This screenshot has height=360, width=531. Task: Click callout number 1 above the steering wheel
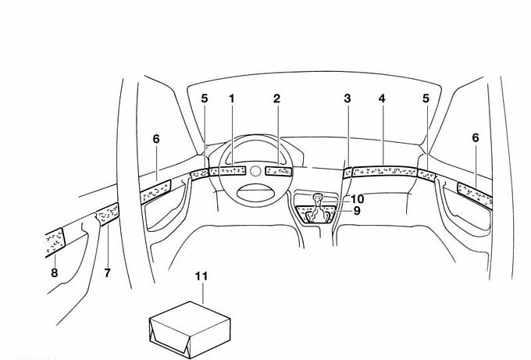(x=232, y=98)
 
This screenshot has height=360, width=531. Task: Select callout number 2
(x=277, y=98)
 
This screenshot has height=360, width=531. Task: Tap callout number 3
(x=347, y=98)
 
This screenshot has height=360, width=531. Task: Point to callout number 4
(x=382, y=98)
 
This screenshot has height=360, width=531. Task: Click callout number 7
(x=107, y=273)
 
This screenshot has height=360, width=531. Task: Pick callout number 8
(x=55, y=273)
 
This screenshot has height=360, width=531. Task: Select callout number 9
(x=357, y=211)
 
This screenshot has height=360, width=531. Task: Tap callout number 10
(x=358, y=199)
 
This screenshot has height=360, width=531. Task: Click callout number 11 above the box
(x=201, y=276)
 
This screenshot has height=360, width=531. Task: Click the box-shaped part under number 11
(x=190, y=330)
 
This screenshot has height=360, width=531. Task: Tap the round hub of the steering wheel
(x=255, y=171)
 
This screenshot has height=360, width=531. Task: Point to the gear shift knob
(x=318, y=197)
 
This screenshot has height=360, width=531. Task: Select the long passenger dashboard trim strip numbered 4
(x=384, y=172)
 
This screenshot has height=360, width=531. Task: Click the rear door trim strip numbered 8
(x=54, y=242)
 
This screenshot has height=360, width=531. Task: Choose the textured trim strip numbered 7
(x=108, y=213)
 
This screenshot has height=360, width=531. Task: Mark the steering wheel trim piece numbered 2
(x=278, y=171)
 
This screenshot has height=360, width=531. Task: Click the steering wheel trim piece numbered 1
(x=233, y=171)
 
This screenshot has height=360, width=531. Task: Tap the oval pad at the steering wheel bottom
(x=255, y=191)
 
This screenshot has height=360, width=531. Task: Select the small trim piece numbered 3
(x=347, y=173)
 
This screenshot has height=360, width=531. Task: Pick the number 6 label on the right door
(x=476, y=138)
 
